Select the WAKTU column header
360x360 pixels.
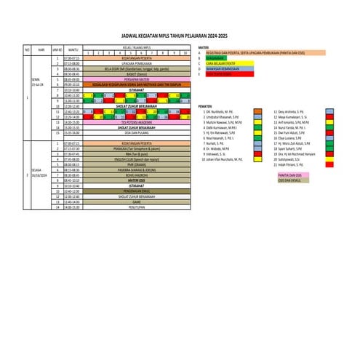(73, 49)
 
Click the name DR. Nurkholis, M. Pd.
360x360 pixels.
(220, 111)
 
